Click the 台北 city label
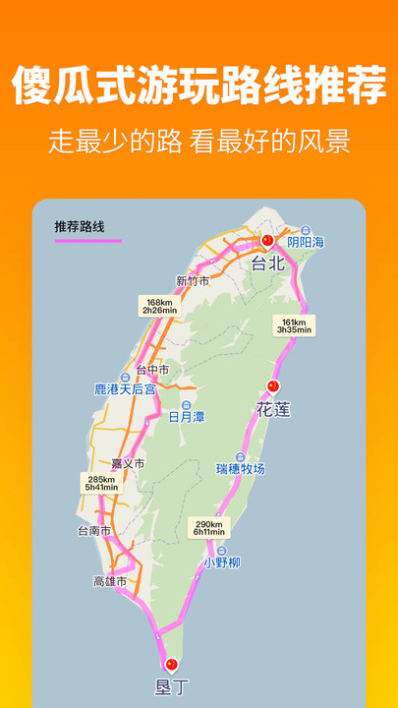pos(267,264)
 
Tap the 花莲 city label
pos(274,409)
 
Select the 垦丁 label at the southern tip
pos(172,687)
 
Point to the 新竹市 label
pos(193,281)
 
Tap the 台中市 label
pos(152,370)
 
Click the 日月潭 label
pos(187,417)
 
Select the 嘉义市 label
pos(129,463)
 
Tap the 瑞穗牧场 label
pos(241,469)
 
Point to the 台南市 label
pos(94,531)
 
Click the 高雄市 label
pos(110,581)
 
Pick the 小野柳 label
pos(221,563)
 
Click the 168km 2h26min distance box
pos(158,306)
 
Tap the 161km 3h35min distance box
pos(294,325)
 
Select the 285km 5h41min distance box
pos(100,483)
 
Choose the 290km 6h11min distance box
pos(208,529)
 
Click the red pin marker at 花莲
pos(274,387)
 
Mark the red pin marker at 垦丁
pos(173,665)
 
